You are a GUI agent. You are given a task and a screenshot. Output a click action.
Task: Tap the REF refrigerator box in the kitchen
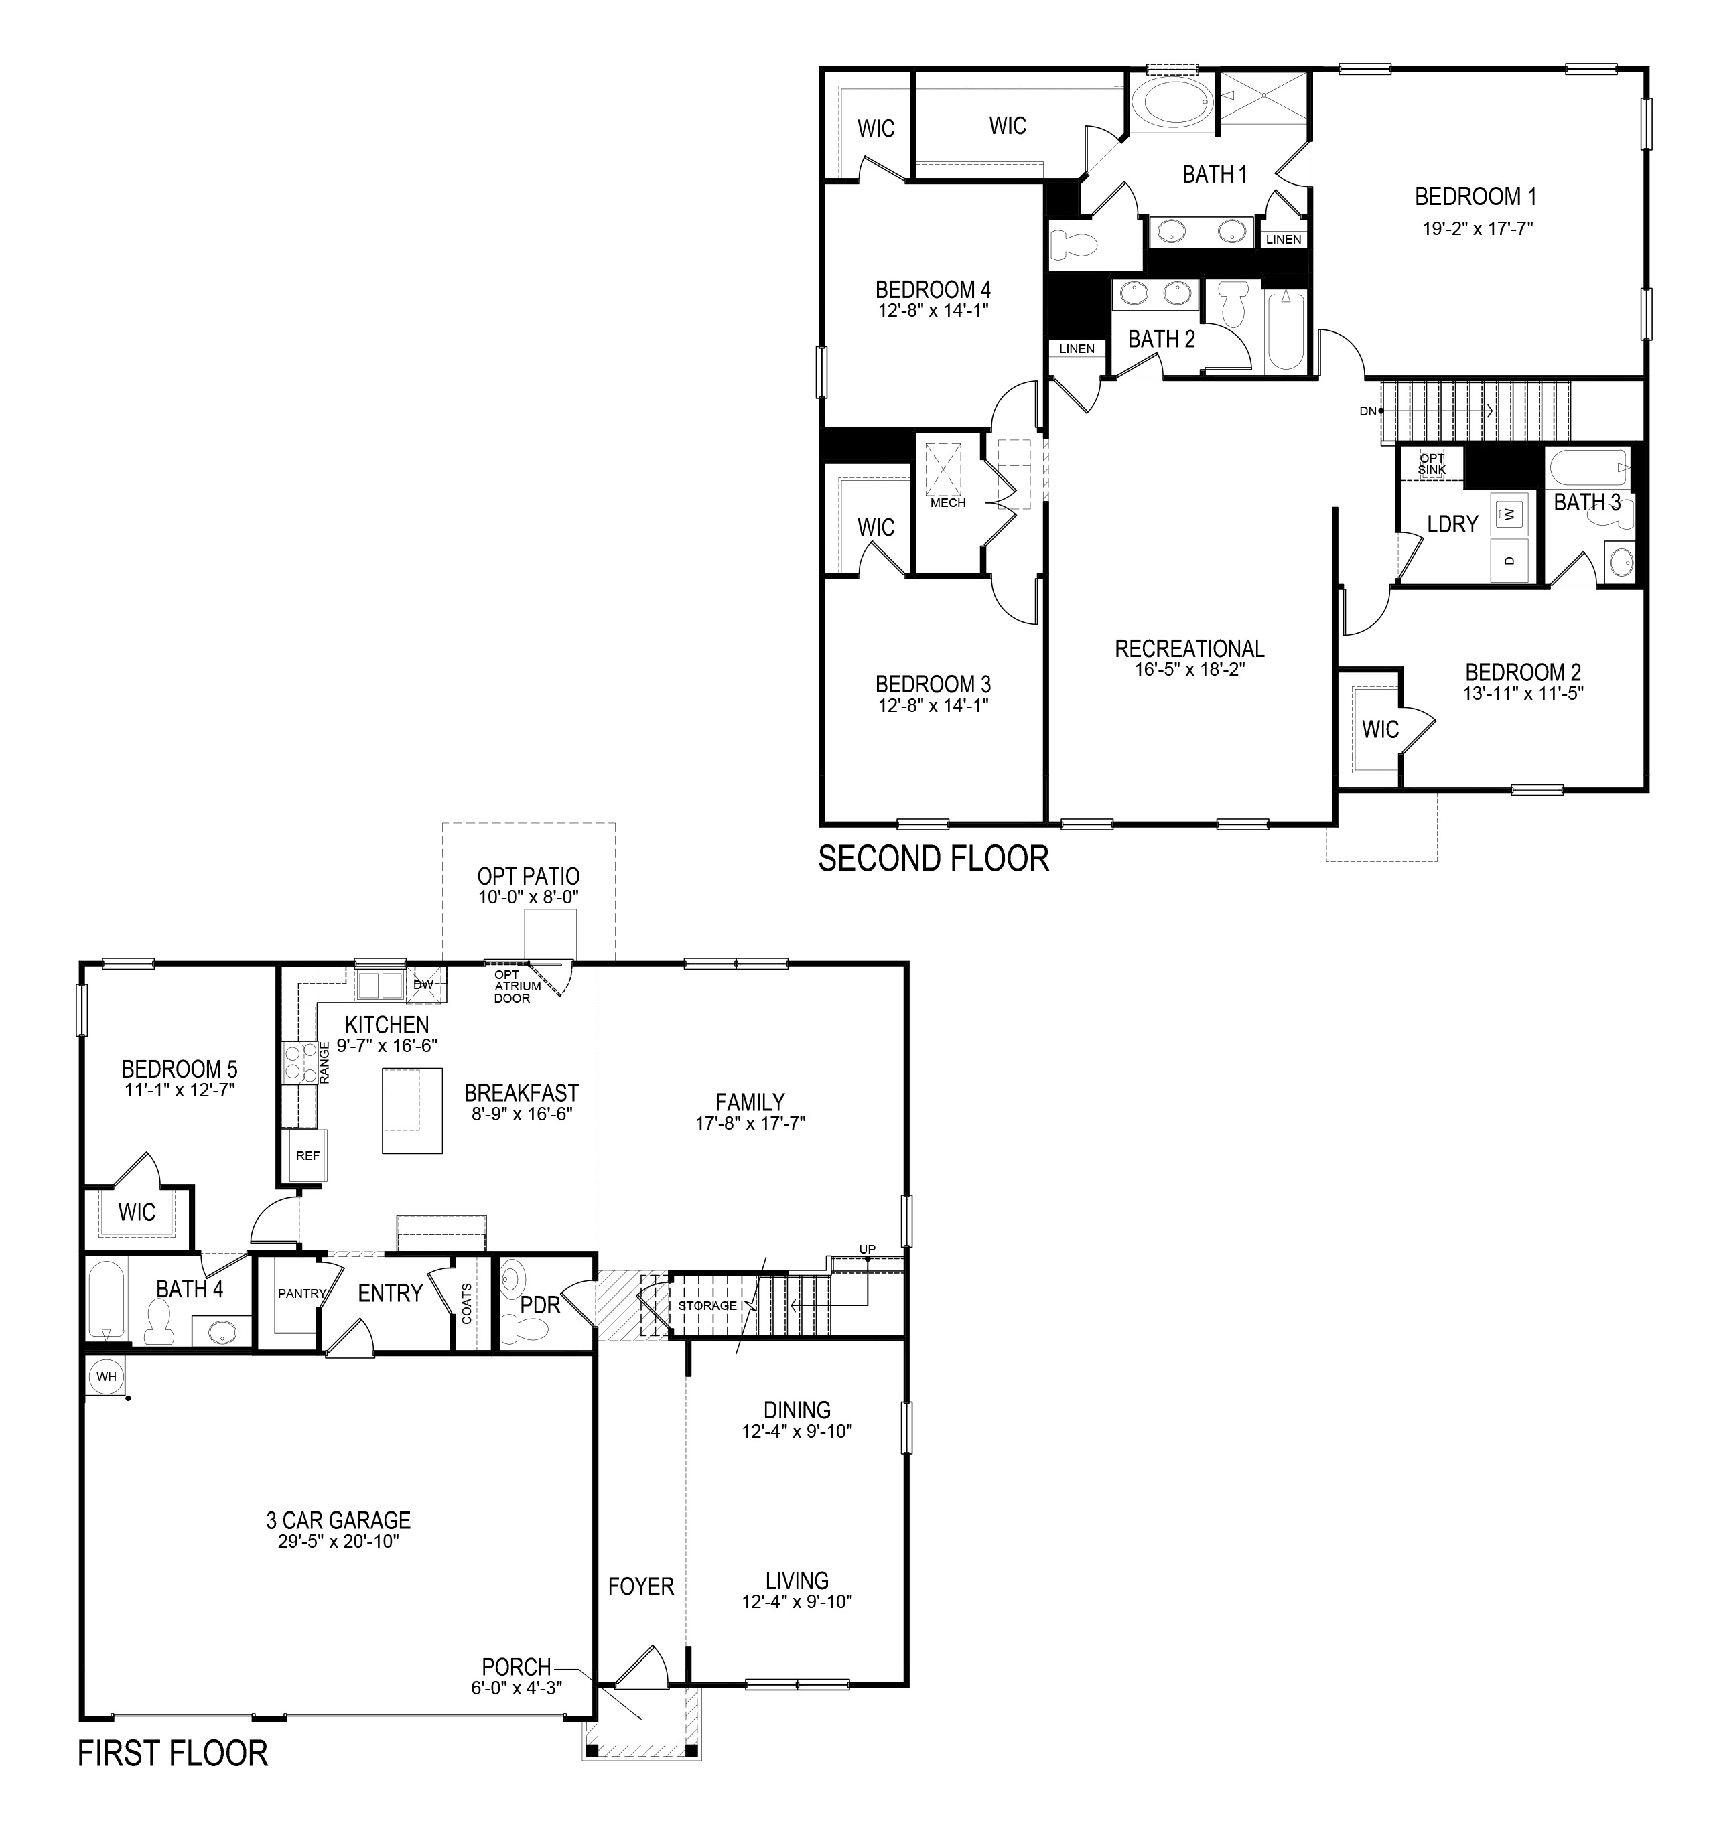[307, 1155]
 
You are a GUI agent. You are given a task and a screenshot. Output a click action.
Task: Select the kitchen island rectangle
[412, 1110]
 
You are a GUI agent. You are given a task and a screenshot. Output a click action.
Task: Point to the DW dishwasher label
[423, 984]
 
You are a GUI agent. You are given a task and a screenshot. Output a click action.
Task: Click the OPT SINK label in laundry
[1432, 464]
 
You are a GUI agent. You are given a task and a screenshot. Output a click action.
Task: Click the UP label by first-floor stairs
[867, 1250]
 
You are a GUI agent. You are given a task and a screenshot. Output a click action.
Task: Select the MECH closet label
[947, 503]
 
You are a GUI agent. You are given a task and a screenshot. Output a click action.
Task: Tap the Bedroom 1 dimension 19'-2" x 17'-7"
[1478, 228]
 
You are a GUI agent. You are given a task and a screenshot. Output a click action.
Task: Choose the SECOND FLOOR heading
[933, 859]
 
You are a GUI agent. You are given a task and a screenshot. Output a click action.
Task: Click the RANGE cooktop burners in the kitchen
[297, 1062]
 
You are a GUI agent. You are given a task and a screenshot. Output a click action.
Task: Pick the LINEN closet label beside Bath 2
[1077, 349]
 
